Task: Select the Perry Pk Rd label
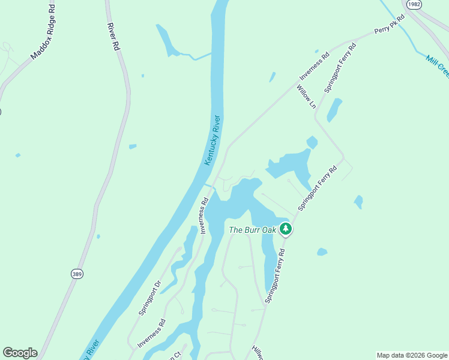point(390,25)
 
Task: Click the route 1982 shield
point(413,4)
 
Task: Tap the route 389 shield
point(76,274)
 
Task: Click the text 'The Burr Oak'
point(252,230)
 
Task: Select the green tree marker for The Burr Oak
point(286,229)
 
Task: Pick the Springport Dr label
point(150,298)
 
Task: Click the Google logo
point(20,353)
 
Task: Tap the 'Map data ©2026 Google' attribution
point(412,355)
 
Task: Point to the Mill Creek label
point(438,65)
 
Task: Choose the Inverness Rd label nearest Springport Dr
point(151,333)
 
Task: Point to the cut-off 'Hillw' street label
point(258,353)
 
